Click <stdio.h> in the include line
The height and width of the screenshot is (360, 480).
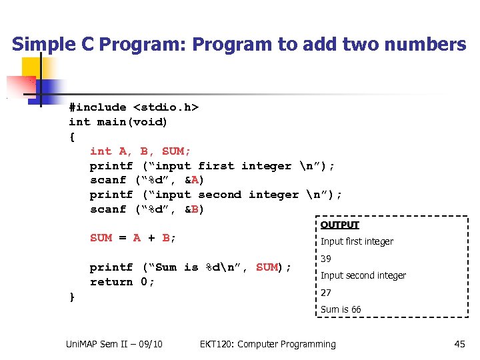tap(166, 107)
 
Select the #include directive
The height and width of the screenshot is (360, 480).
tap(97, 107)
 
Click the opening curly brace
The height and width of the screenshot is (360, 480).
tap(72, 137)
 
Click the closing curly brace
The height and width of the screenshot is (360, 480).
tap(72, 297)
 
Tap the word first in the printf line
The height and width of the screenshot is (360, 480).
tap(217, 166)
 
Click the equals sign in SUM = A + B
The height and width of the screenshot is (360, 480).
tap(123, 238)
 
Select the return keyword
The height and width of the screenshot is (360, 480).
tap(111, 282)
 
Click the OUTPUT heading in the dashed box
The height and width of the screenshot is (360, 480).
tap(340, 225)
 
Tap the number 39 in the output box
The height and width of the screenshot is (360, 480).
tap(327, 259)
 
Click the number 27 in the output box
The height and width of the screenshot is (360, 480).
tap(327, 293)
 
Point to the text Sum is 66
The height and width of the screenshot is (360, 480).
tap(341, 309)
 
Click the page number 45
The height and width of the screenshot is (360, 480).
tap(459, 344)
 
